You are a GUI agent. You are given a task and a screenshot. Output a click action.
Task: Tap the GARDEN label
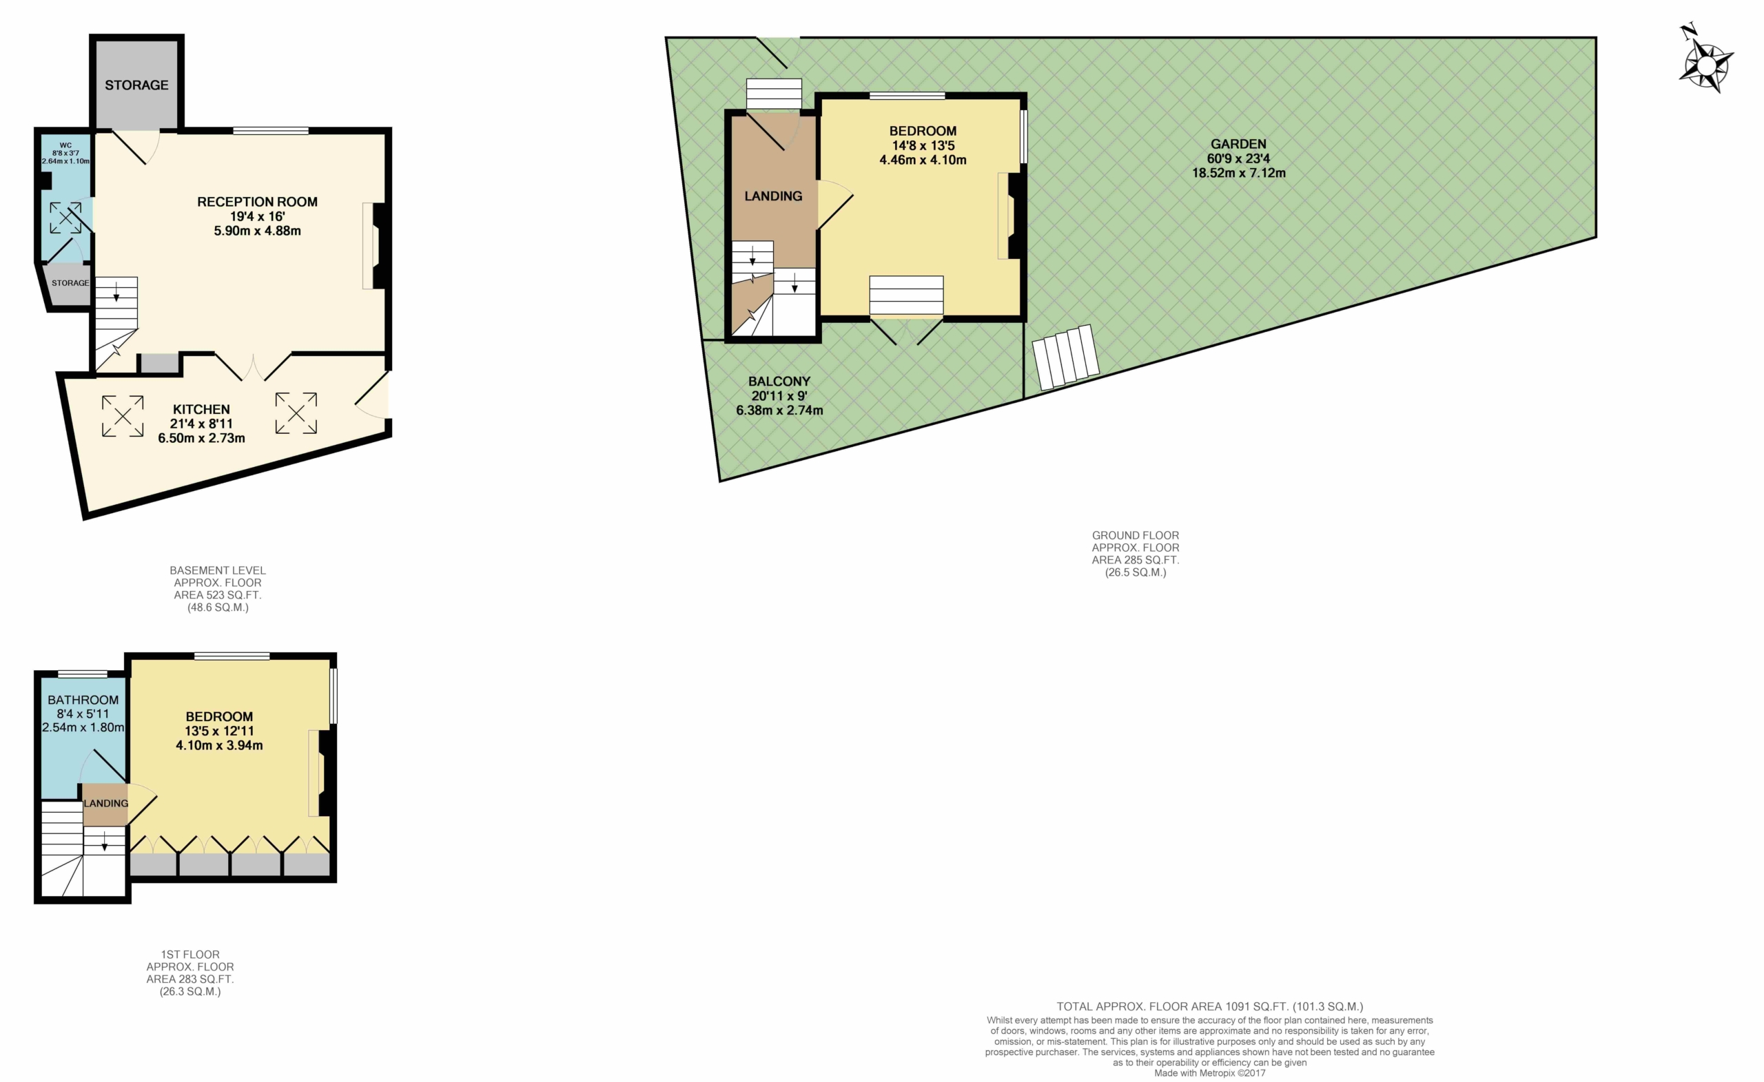point(1238,144)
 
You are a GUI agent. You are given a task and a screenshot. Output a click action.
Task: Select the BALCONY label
point(779,382)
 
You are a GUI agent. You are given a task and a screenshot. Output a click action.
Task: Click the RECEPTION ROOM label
point(257,202)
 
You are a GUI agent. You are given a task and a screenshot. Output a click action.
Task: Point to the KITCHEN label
point(201,409)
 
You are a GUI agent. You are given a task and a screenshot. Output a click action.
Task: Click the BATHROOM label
point(83,700)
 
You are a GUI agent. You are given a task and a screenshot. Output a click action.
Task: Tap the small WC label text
point(66,145)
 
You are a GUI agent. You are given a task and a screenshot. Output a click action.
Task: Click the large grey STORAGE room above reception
point(136,85)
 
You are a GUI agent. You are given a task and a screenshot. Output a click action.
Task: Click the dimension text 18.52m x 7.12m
point(1238,172)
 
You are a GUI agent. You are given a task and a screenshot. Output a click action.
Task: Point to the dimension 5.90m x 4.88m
point(257,231)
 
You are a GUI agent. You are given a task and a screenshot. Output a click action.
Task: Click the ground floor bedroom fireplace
point(1012,216)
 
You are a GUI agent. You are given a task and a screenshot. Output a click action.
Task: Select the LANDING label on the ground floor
point(773,196)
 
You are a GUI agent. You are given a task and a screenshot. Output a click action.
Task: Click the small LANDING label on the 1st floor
point(106,803)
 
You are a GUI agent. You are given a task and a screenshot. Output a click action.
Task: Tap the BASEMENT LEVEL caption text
point(218,570)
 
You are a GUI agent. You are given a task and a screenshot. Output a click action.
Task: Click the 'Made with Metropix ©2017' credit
point(1210,1072)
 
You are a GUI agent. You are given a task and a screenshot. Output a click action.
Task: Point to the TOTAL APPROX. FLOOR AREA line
point(1210,1006)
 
